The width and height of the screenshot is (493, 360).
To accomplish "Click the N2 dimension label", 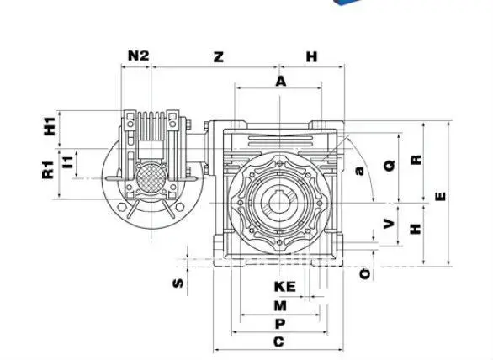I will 138,56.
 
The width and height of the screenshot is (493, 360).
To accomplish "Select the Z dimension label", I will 218,56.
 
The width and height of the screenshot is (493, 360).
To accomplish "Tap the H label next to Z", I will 311,56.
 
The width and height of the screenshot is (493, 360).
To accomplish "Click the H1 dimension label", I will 50,126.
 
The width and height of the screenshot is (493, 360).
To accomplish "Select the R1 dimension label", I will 48,169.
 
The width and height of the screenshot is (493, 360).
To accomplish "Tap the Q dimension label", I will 389,166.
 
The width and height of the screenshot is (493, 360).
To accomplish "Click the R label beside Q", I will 416,159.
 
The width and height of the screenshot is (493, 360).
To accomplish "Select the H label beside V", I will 416,227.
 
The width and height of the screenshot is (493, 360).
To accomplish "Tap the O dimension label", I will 363,273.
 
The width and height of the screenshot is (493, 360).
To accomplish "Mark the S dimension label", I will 178,283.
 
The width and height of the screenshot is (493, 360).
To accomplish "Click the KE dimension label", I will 284,287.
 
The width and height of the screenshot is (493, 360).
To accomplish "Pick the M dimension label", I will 280,305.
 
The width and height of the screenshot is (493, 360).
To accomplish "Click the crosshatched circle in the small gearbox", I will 150,178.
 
